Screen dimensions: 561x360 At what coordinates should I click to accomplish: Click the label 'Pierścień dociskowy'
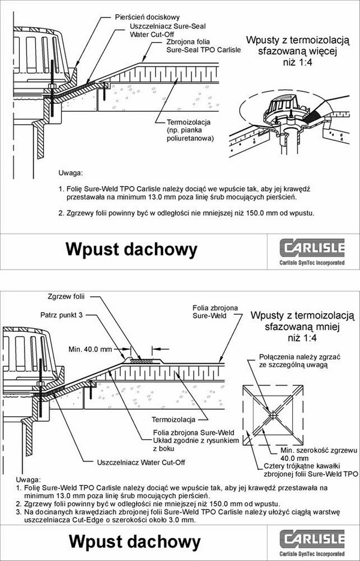coord(147,17)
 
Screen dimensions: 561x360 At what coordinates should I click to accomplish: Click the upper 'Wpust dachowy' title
coord(131,248)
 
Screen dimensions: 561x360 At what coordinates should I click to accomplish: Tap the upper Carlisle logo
coord(313,251)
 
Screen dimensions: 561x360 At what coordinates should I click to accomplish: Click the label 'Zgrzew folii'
coord(66,296)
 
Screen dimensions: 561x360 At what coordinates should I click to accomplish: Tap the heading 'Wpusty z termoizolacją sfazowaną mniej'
coord(298,327)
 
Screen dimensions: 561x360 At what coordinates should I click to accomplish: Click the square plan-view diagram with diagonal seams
coord(272,413)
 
